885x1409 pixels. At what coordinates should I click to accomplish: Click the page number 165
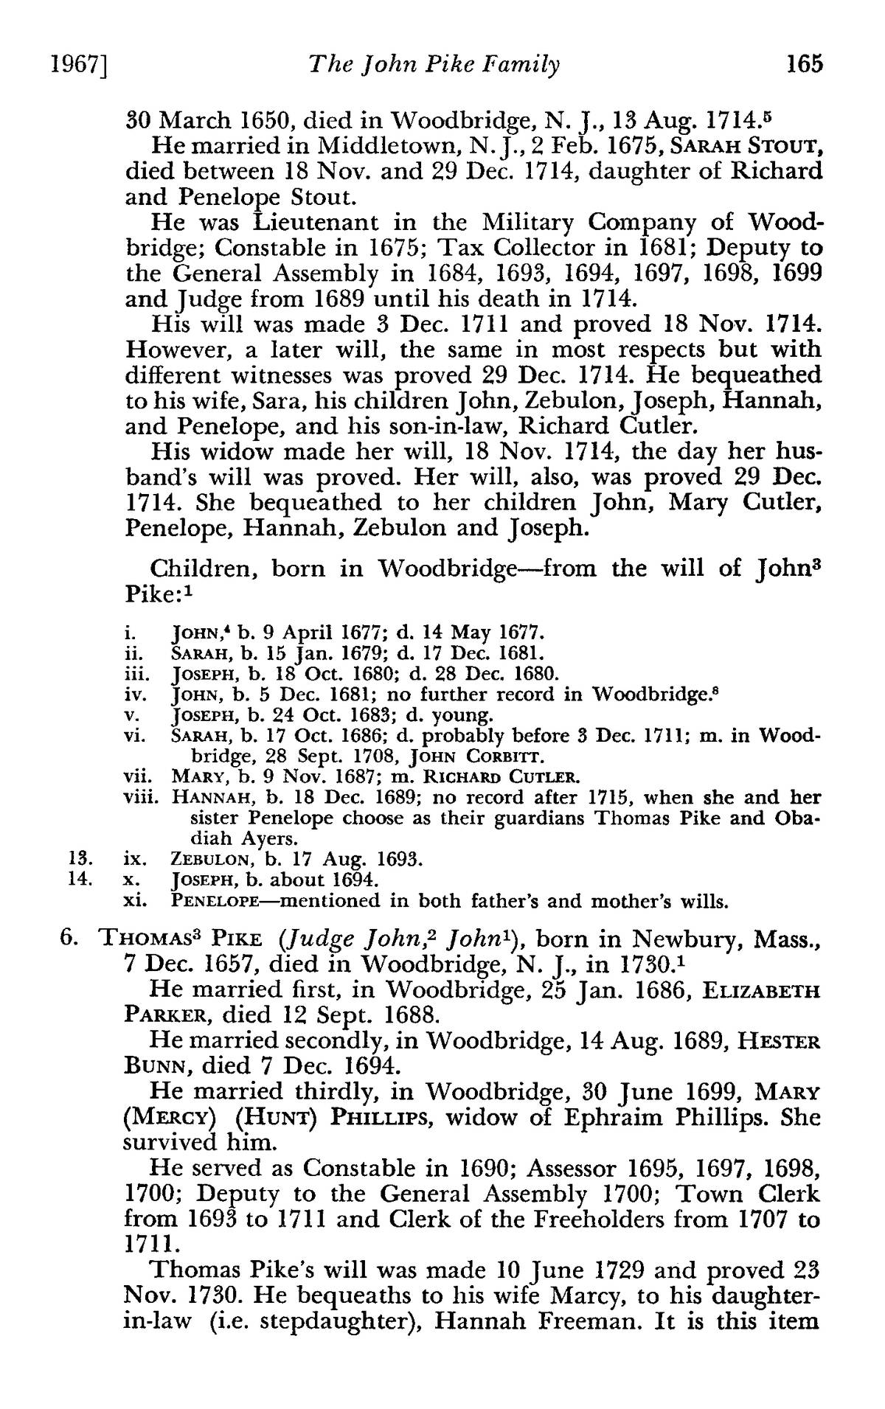click(x=803, y=65)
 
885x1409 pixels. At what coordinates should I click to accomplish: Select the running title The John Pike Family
click(x=434, y=66)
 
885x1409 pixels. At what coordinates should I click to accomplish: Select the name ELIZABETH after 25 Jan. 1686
click(x=763, y=991)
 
